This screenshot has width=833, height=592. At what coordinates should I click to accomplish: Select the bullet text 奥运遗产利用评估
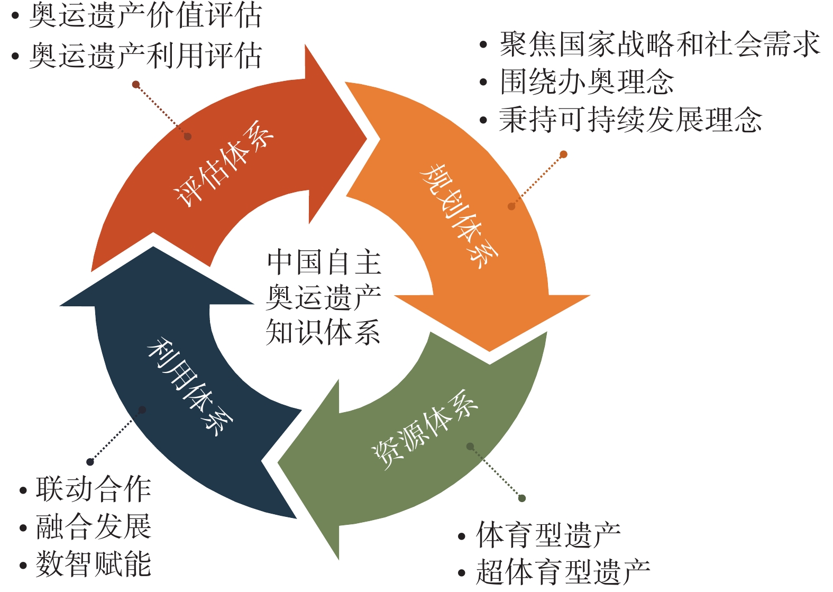145,56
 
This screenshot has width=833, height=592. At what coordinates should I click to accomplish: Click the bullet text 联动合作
94,489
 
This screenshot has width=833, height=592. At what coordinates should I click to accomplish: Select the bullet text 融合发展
94,526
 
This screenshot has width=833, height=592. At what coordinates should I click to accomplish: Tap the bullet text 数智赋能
94,564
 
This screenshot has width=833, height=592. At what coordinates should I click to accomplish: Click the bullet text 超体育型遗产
563,572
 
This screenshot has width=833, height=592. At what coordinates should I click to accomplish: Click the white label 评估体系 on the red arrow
225,164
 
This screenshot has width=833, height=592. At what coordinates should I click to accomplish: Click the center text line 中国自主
324,262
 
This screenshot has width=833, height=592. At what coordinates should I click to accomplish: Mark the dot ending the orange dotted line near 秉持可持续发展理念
563,154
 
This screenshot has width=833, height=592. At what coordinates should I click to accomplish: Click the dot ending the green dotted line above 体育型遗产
522,498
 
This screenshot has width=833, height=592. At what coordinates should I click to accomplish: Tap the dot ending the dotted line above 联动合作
90,462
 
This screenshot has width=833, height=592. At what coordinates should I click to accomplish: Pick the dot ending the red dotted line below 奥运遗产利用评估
136,85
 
